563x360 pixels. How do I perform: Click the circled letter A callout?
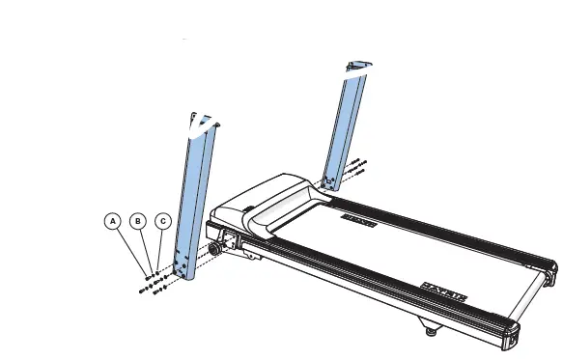114,222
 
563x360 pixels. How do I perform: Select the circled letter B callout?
139,222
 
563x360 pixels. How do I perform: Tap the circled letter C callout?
163,222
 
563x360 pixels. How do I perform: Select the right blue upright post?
345,125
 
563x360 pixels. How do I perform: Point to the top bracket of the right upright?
355,68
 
